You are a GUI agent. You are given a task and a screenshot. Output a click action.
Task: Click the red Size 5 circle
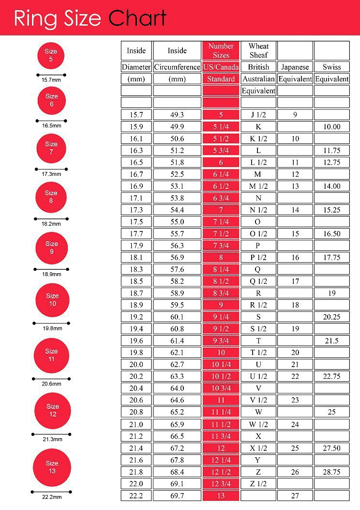click(x=51, y=56)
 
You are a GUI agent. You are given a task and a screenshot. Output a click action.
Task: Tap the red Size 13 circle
click(x=52, y=467)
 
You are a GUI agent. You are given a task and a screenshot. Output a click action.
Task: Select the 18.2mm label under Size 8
click(x=51, y=224)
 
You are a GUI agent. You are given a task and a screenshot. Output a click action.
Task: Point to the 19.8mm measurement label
click(x=52, y=328)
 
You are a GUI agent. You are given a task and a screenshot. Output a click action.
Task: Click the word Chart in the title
click(x=137, y=18)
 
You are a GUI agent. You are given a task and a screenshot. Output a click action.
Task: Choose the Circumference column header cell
click(x=177, y=67)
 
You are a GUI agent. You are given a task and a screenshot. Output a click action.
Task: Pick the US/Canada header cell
click(x=221, y=67)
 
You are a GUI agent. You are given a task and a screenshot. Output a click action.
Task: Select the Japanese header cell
click(x=295, y=67)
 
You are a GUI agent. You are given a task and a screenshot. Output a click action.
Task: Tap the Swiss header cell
click(x=331, y=67)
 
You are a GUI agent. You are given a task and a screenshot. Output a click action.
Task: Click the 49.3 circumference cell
click(x=177, y=115)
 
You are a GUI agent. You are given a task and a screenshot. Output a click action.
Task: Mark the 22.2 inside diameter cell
click(x=136, y=495)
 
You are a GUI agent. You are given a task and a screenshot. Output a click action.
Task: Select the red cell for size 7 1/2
click(x=221, y=233)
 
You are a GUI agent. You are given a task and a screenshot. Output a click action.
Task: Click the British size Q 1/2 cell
click(x=258, y=281)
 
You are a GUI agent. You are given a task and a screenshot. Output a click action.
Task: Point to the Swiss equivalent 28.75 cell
click(x=331, y=471)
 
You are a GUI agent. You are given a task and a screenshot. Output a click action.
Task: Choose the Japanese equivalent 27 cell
click(x=295, y=495)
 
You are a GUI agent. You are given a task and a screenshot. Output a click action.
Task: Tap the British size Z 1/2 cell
click(x=258, y=483)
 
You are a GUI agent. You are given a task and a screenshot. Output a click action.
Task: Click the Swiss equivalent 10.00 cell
click(x=331, y=127)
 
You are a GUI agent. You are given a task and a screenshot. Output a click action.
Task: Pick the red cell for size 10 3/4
click(x=221, y=388)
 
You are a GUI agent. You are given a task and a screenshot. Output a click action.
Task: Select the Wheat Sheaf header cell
click(x=258, y=50)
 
